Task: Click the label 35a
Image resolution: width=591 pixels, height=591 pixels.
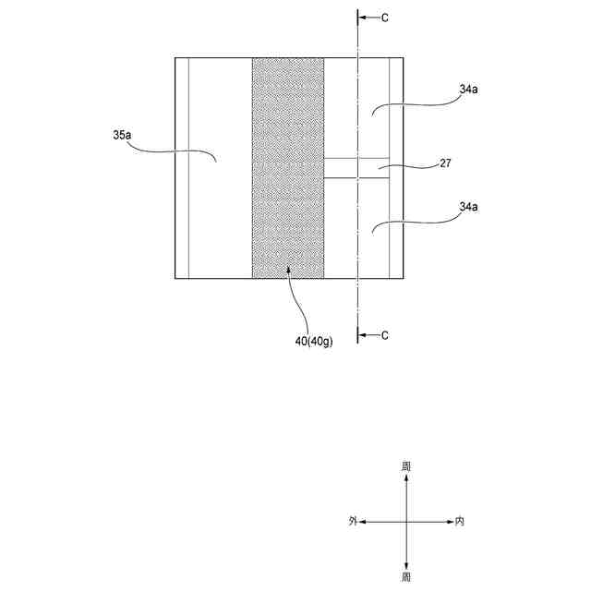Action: click(122, 136)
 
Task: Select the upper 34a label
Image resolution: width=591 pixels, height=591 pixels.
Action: click(468, 90)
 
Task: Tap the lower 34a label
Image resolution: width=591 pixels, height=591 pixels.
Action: click(468, 207)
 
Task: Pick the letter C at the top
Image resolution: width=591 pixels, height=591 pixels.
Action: click(385, 17)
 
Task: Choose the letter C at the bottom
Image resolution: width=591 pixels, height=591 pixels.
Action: click(385, 335)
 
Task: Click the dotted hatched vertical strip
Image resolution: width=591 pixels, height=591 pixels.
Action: click(287, 167)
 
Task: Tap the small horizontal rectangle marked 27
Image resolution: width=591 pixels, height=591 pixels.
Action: click(356, 167)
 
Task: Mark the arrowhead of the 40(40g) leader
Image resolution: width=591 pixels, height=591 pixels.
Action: click(289, 270)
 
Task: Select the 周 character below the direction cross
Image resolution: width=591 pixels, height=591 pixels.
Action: click(406, 576)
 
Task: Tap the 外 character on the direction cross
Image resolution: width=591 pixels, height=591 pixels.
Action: click(353, 522)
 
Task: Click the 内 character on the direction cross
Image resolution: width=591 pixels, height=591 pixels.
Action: click(460, 522)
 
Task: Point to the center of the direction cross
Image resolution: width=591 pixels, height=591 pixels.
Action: click(406, 522)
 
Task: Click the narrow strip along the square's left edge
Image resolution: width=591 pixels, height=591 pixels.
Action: click(182, 167)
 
